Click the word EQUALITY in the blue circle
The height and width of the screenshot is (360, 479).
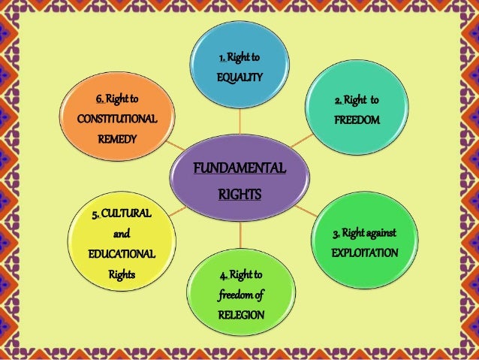click(x=239, y=77)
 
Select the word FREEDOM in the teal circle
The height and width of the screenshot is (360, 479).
click(x=357, y=120)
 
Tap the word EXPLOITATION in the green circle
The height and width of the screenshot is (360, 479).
click(x=365, y=253)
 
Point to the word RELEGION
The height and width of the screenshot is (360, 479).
click(x=241, y=314)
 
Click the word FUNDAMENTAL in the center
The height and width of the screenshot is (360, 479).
click(x=239, y=168)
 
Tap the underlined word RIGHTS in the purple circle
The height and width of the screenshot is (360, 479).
click(x=239, y=195)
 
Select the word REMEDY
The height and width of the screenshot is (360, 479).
click(x=116, y=139)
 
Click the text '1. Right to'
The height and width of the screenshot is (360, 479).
click(x=239, y=57)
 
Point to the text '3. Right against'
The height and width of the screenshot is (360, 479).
click(x=365, y=233)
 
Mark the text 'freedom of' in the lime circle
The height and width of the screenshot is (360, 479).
click(x=241, y=295)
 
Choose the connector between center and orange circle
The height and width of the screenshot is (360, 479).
click(x=176, y=143)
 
